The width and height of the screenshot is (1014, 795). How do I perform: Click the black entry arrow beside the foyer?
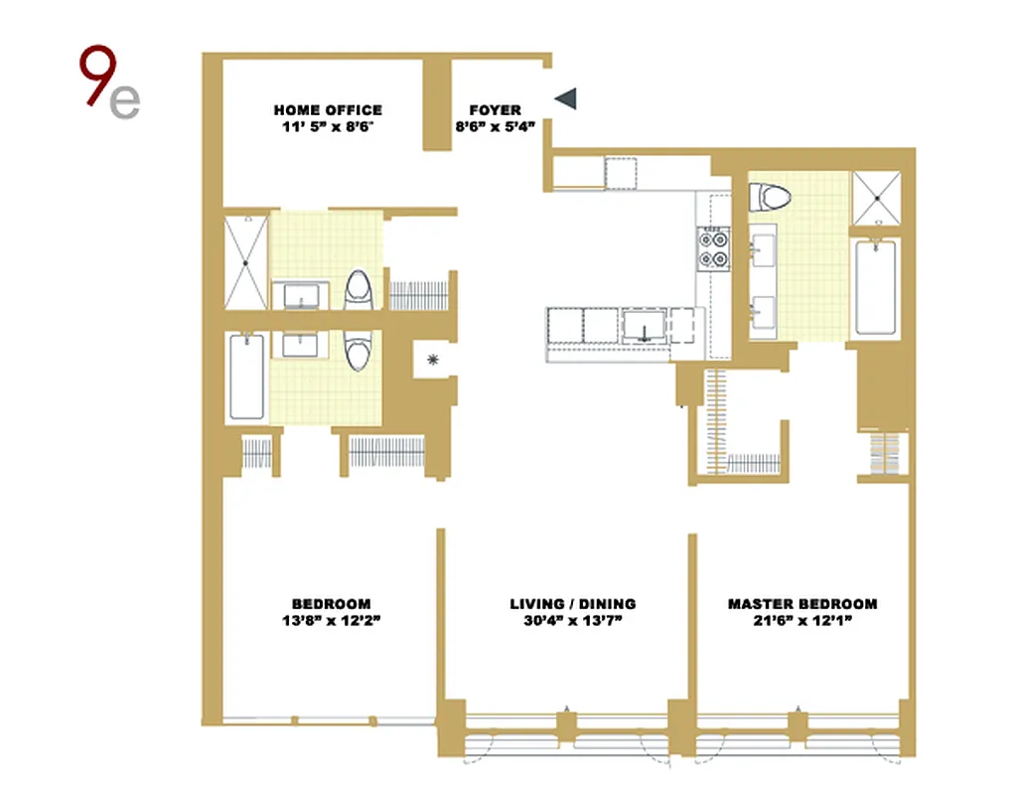point(565,96)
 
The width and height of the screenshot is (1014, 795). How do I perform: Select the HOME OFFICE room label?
point(328,110)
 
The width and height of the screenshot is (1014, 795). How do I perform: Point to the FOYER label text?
point(495,110)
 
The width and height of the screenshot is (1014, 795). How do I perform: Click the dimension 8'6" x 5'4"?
point(495,126)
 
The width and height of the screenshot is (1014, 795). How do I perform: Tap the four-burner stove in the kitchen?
point(714,247)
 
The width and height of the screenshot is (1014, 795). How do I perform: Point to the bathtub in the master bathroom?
point(877,288)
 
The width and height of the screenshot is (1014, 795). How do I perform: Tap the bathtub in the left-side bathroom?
point(246,377)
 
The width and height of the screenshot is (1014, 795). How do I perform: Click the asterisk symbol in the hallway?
point(433,360)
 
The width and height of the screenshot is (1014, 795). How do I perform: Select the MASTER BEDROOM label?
point(802,604)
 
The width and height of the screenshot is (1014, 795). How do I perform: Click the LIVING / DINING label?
point(573,604)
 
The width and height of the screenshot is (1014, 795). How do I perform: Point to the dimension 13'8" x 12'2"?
point(331,621)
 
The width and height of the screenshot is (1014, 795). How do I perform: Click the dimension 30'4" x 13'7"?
point(573,621)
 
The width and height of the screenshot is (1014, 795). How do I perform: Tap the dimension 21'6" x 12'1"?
point(802,621)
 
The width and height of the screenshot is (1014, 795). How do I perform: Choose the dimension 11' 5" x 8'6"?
point(328,126)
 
